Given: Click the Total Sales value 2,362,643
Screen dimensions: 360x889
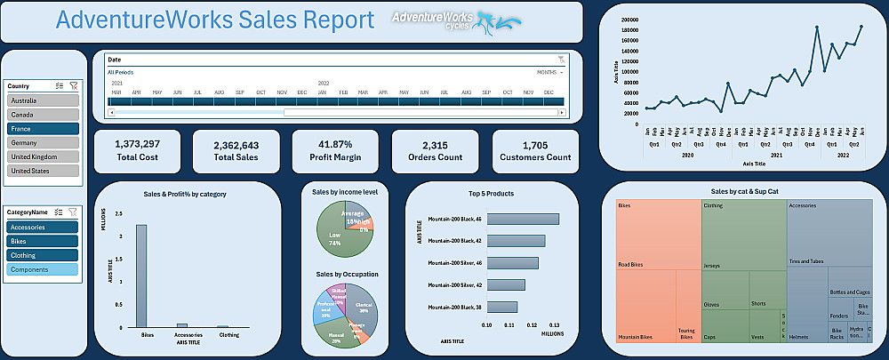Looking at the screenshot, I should pyautogui.click(x=236, y=145).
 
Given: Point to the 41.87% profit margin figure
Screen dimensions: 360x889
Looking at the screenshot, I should pyautogui.click(x=336, y=144).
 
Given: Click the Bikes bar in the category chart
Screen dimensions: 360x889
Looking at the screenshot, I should pyautogui.click(x=141, y=276).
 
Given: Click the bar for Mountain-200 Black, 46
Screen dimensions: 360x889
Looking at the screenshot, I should pyautogui.click(x=523, y=219).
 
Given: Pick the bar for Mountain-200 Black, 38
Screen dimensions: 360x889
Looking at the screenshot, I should pyautogui.click(x=502, y=307).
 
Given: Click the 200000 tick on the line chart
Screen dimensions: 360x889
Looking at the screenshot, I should pyautogui.click(x=630, y=19).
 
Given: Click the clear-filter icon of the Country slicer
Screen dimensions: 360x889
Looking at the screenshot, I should pyautogui.click(x=74, y=86).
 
